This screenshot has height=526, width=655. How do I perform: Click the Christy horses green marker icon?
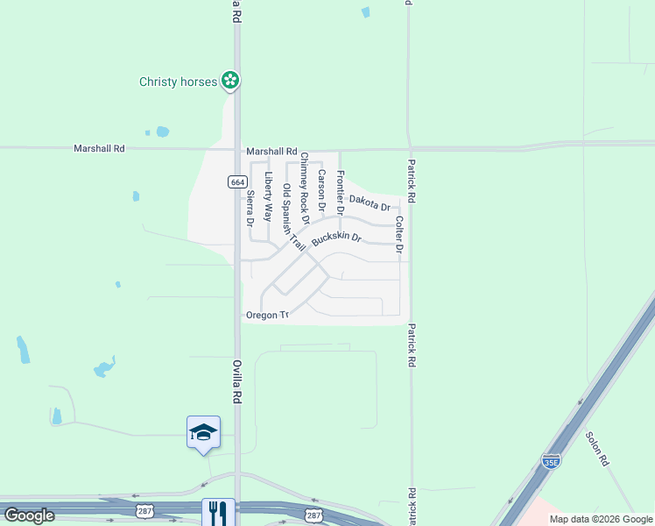[230, 82]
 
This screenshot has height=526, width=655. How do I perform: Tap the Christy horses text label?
[178, 82]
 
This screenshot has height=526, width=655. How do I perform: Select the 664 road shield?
[236, 181]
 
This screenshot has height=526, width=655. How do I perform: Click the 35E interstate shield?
[550, 461]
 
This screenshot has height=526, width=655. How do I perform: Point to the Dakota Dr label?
[369, 203]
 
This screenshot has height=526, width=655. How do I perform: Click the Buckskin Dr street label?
[336, 238]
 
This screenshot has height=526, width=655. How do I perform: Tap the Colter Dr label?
[399, 235]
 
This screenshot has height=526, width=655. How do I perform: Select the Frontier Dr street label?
[341, 193]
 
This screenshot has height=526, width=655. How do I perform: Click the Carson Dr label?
[321, 191]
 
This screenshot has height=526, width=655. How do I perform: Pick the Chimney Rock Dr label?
[305, 187]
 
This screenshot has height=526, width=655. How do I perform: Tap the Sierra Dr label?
[250, 209]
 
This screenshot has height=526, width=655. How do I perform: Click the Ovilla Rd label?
[236, 380]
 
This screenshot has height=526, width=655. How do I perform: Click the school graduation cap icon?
[203, 432]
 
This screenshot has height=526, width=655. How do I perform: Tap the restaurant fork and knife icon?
[216, 512]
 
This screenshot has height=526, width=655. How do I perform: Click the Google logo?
[29, 515]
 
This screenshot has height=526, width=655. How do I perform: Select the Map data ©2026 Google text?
[601, 519]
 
